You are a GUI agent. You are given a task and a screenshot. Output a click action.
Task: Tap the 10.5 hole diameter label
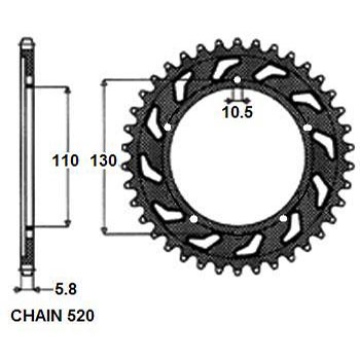tap(237, 112)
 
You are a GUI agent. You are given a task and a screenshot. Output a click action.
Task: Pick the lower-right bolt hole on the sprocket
tap(287, 218)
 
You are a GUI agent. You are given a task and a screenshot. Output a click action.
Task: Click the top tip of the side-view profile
tap(27, 40)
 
